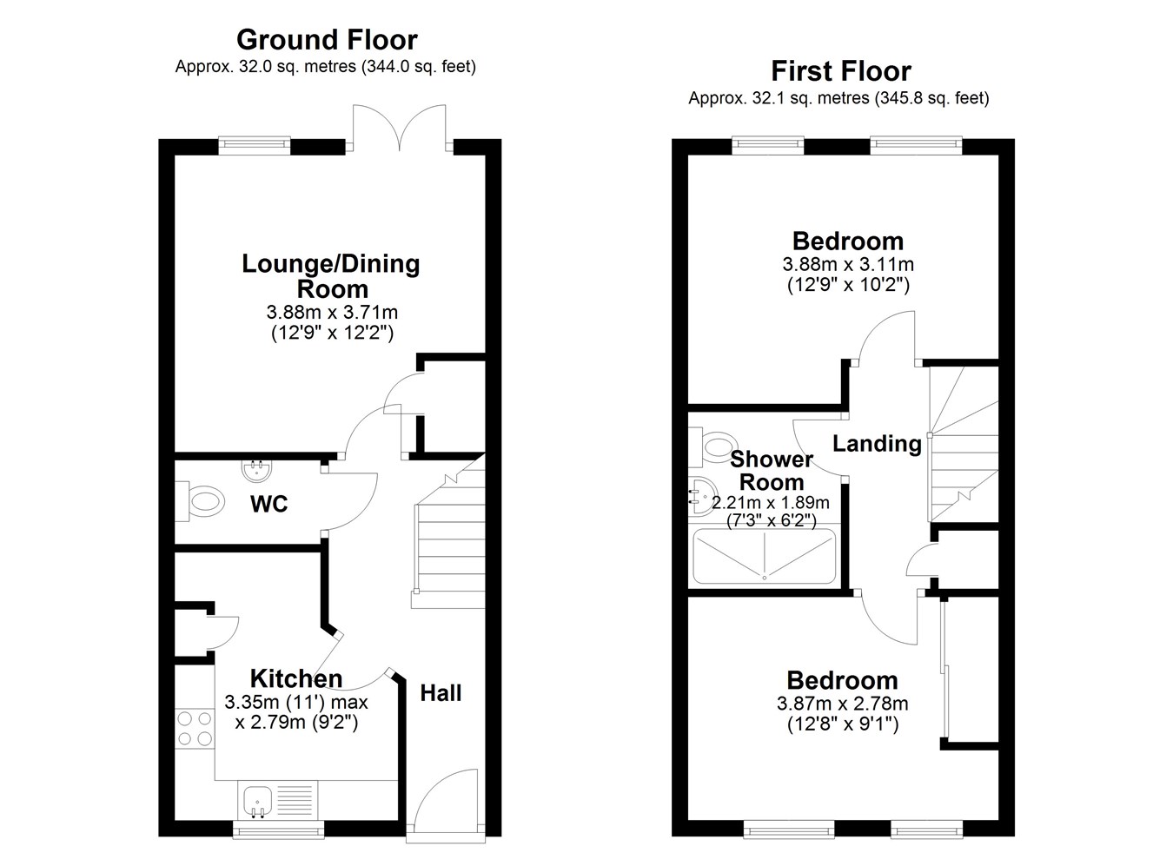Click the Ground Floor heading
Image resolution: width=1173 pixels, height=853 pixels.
coord(327,40)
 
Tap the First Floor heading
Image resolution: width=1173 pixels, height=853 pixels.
coord(841,72)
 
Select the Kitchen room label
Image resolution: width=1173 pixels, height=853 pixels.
coord(296,678)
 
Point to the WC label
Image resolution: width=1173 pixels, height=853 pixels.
coord(269,505)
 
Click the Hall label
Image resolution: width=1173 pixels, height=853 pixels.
coord(441,693)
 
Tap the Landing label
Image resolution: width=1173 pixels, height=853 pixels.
coord(877,444)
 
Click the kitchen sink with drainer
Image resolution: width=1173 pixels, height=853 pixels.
coord(278,801)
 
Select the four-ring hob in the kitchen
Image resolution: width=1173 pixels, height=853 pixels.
coord(195,729)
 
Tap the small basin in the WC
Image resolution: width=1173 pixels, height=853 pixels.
coord(257,470)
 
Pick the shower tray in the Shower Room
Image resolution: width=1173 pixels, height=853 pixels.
coord(764,557)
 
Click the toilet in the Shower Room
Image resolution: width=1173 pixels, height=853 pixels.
coord(713,446)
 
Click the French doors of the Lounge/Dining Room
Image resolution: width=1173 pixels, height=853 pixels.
coord(399,128)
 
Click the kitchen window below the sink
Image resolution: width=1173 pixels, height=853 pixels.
coord(278,830)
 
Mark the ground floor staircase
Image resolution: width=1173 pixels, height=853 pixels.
coord(448,534)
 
